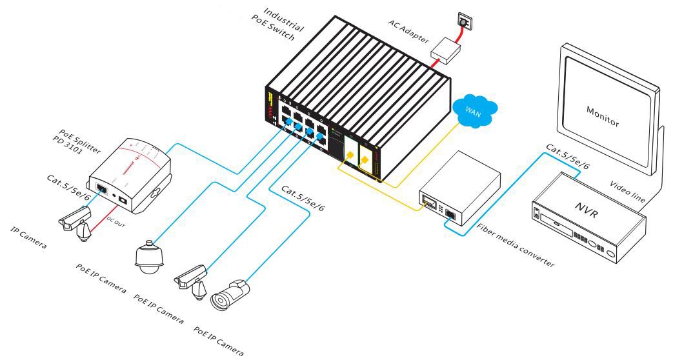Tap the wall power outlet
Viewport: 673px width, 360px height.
pos(463,22)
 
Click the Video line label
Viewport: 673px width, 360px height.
pos(628,190)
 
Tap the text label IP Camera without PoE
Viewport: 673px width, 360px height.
pos(29,238)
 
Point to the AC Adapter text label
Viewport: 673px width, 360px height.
pos(408,29)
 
